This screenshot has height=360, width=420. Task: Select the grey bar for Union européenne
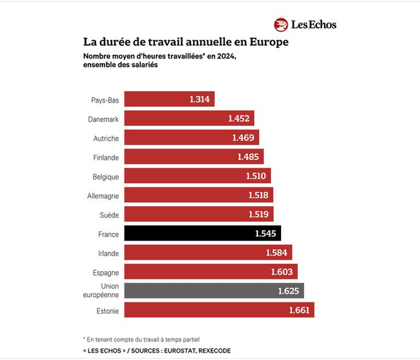click(214, 291)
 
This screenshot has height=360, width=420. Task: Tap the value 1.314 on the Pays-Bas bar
click(200, 99)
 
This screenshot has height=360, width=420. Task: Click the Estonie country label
click(106, 310)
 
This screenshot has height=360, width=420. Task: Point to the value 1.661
click(299, 310)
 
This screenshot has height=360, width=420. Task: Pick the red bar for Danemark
click(189, 118)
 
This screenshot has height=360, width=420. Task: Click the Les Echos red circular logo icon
click(281, 25)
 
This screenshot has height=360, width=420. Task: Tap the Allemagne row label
click(103, 196)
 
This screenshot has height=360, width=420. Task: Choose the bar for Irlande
click(207, 252)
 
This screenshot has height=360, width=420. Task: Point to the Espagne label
click(104, 272)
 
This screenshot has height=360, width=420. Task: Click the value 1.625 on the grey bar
click(289, 291)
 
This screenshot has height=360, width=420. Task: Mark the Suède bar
click(198, 215)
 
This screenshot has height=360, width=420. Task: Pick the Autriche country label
click(105, 138)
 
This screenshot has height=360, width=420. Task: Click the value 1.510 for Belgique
click(256, 176)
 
